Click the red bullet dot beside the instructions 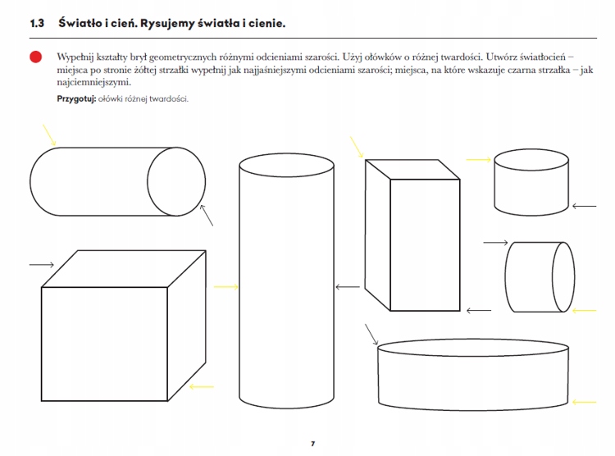[36, 57]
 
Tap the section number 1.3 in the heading [37, 24]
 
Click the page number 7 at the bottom [312, 444]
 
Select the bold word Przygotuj [76, 99]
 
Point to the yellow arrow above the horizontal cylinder [49, 135]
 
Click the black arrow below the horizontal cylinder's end [207, 215]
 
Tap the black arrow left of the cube [42, 265]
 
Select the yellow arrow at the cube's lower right [202, 387]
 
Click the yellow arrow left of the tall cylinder [226, 287]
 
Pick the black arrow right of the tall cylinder [348, 287]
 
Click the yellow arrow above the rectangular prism [357, 148]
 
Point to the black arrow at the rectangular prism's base [479, 311]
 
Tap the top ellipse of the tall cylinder [287, 154]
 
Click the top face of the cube [124, 269]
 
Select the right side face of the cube [187, 326]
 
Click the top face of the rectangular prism [412, 170]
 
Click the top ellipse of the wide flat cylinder [473, 340]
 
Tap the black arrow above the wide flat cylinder [371, 335]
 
